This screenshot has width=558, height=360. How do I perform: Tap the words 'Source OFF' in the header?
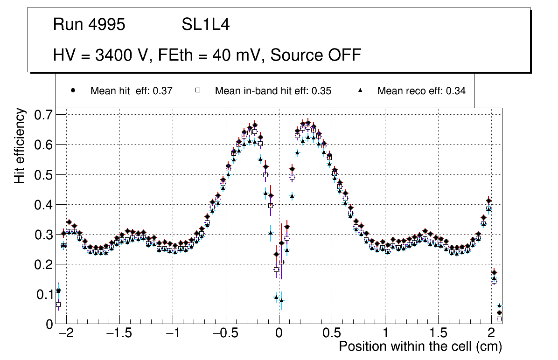pos(316,55)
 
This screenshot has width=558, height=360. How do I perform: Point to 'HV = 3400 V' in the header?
pos(100,55)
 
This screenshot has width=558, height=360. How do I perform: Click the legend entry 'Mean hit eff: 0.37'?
pos(131,91)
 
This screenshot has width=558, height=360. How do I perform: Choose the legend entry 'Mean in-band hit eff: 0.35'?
pos(273,91)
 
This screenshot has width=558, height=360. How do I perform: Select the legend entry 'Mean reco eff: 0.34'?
pos(421,91)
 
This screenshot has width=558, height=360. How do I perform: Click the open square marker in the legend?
pos(197,91)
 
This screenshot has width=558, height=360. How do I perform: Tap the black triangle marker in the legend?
pos(360,91)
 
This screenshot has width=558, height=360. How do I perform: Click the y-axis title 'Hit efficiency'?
pos(20,146)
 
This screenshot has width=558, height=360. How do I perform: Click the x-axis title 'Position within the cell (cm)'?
pos(420,346)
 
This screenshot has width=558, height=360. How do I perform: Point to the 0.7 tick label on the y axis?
pos(45,115)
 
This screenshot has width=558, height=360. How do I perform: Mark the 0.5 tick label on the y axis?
pos(45,174)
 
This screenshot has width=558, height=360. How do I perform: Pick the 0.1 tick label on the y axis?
pos(45,294)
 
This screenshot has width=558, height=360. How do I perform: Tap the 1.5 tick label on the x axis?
pos(439,334)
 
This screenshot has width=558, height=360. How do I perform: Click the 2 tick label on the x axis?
pos(491,334)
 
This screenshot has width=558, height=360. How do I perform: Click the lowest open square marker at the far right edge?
pos(499,319)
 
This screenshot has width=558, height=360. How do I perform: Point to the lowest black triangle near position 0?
pos(281,300)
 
